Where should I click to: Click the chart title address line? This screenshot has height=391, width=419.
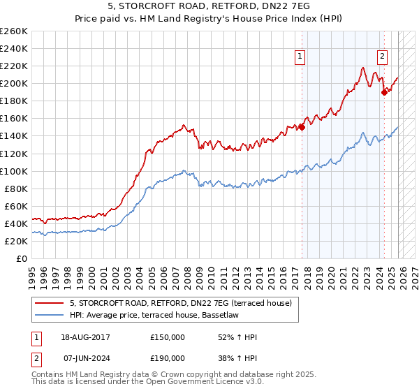(x=209, y=8)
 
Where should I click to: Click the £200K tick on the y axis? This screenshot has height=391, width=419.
(x=13, y=83)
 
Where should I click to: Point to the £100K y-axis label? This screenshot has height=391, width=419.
(x=13, y=171)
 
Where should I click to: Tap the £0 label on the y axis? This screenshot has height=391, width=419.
(x=22, y=258)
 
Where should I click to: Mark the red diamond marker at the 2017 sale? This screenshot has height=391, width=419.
(x=302, y=127)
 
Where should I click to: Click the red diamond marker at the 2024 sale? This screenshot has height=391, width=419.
(x=384, y=91)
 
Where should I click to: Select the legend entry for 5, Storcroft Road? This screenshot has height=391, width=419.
(x=184, y=303)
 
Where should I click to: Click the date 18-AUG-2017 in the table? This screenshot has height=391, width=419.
(x=85, y=337)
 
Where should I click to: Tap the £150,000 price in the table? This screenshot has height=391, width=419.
(x=168, y=337)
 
